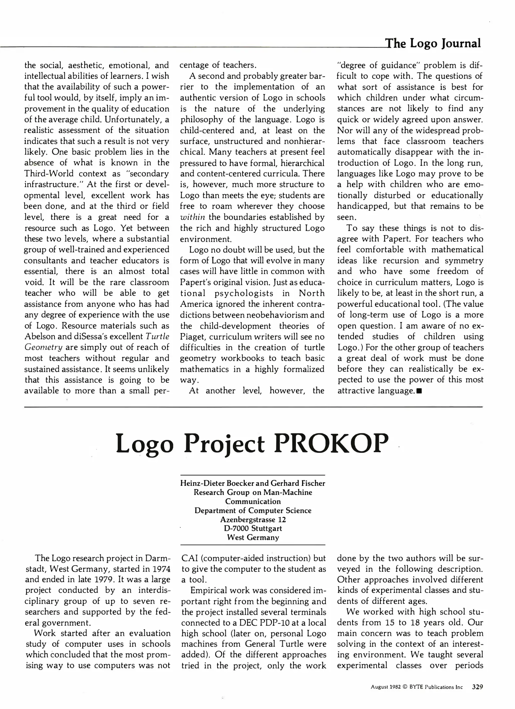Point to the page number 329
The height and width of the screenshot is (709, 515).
(477, 687)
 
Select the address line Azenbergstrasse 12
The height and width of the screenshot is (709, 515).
(253, 520)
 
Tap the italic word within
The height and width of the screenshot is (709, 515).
(193, 217)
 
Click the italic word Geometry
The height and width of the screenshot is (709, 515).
(44, 348)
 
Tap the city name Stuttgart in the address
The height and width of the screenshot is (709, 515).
(267, 528)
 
